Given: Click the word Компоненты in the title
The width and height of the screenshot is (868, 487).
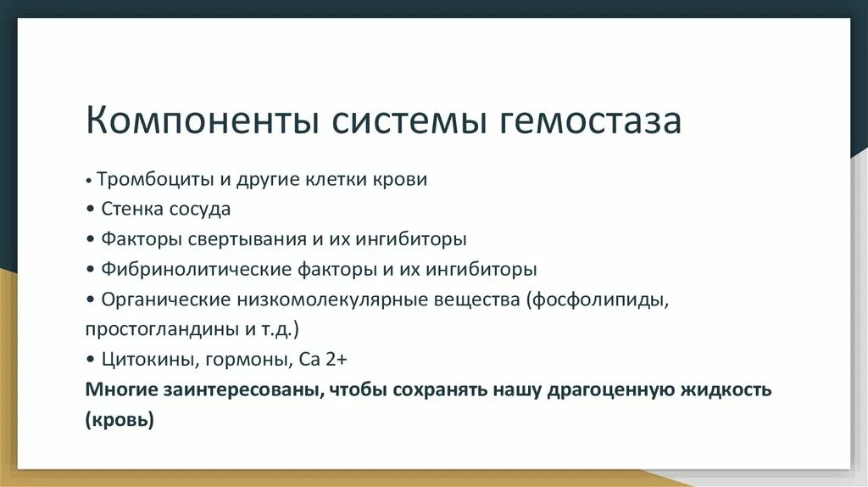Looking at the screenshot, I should click(201, 121).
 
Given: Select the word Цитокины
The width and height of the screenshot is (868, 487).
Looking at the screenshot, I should click(147, 360).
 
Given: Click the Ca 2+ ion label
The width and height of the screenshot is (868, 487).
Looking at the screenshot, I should click(323, 359).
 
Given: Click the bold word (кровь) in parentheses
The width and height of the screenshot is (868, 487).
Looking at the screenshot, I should click(120, 420).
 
